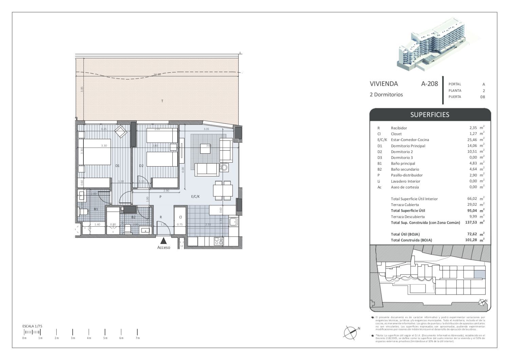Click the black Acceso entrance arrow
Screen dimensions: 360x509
tap(164, 241)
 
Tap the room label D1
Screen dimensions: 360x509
tap(117, 166)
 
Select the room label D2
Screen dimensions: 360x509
tap(142, 166)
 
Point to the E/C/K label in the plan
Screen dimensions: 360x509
tap(195, 196)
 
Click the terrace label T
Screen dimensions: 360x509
tap(162, 101)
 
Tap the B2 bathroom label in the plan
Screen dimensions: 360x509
tap(133, 217)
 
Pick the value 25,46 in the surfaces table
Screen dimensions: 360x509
tap(472, 139)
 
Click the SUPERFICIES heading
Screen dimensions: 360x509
tap(430, 115)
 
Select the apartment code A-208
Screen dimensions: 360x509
tap(429, 84)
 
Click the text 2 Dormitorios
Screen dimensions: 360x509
tap(386, 95)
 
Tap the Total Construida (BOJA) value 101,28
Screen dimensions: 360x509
tap(471, 240)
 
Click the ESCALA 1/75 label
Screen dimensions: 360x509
tap(32, 326)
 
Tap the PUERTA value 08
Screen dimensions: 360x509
tap(482, 97)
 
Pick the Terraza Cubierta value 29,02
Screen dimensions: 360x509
tap(472, 205)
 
